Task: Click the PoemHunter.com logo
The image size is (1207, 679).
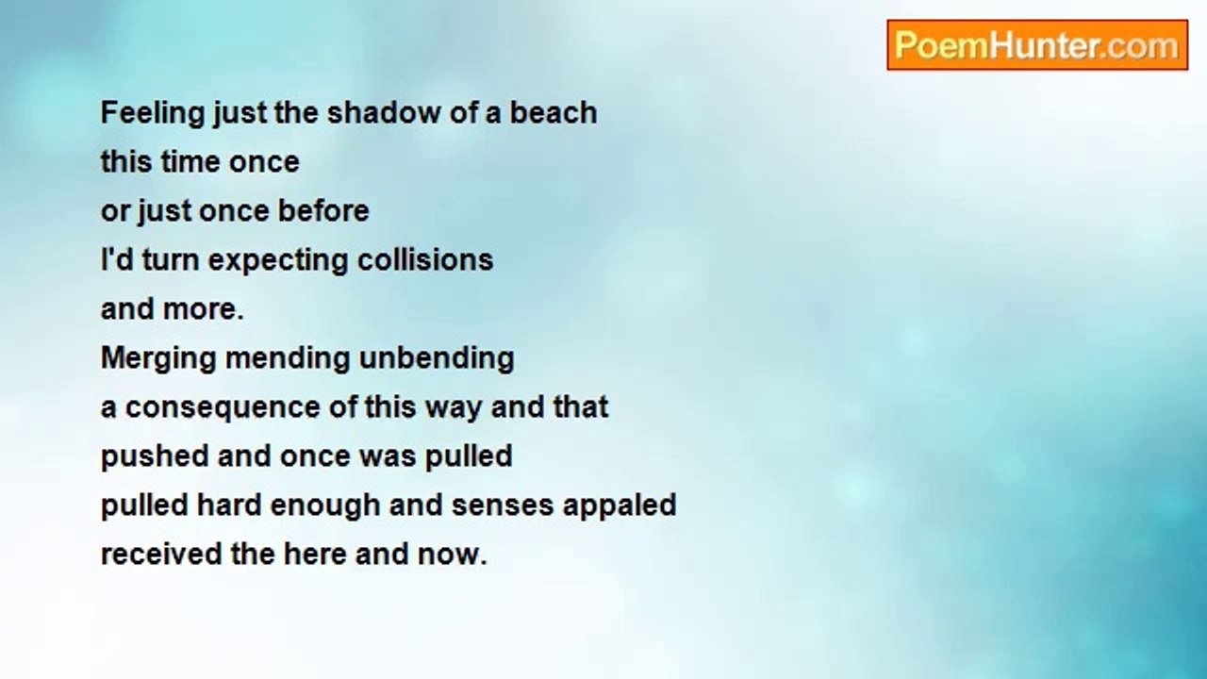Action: tap(1037, 45)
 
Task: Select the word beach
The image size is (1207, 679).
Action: tap(554, 113)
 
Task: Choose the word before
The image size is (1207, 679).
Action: tap(323, 210)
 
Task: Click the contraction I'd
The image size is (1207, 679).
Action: tap(117, 259)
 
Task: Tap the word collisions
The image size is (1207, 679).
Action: tap(425, 259)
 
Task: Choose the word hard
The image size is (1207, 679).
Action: tap(228, 505)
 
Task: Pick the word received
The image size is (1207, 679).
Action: tap(161, 554)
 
